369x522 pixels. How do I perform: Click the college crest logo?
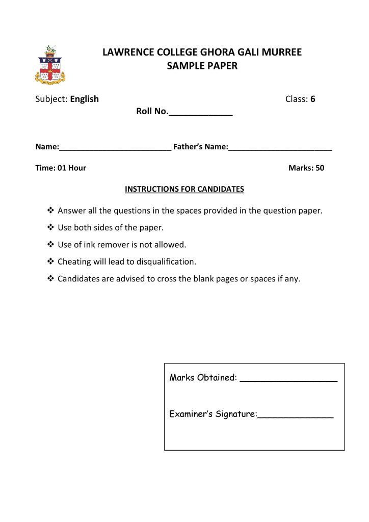point(50,65)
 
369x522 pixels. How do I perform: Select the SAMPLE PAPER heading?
point(202,66)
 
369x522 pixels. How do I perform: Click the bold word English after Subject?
point(84,99)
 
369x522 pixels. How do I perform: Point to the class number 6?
point(312,99)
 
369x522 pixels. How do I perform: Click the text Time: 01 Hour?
point(61,168)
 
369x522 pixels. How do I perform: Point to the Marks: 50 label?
point(306,168)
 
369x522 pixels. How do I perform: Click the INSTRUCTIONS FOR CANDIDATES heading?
point(184,189)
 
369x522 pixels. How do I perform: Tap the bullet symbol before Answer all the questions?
point(50,211)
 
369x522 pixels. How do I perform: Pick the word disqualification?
point(164,262)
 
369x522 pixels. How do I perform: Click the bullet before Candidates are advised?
point(50,279)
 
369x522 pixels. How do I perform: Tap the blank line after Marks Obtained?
point(288,380)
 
